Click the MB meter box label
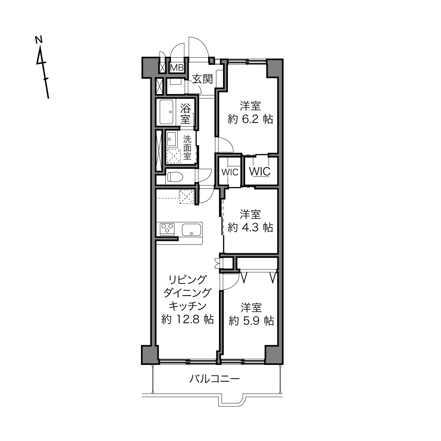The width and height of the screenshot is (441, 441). point(177,68)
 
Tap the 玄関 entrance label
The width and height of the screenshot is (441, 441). point(202,79)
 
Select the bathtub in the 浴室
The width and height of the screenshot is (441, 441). point(166,112)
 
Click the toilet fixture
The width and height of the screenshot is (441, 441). point(175,177)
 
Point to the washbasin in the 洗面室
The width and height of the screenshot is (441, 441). point(172,139)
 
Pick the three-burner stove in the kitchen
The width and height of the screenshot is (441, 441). point(167,228)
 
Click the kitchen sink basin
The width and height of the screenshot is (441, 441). point(192,230)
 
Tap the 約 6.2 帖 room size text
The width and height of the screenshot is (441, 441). point(250,119)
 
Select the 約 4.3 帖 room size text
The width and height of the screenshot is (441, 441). point(250,228)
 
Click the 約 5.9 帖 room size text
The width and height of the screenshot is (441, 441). point(251,321)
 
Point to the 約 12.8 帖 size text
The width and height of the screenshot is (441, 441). point(188,319)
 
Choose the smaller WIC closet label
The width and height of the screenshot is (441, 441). point(230,172)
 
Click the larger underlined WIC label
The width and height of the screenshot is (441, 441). point(260,171)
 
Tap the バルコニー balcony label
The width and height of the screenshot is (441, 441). point(215,379)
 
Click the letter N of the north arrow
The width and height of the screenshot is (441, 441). point(39,39)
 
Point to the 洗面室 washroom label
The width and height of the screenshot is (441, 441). point(187,148)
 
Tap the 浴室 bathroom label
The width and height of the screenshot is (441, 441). point(185,113)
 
